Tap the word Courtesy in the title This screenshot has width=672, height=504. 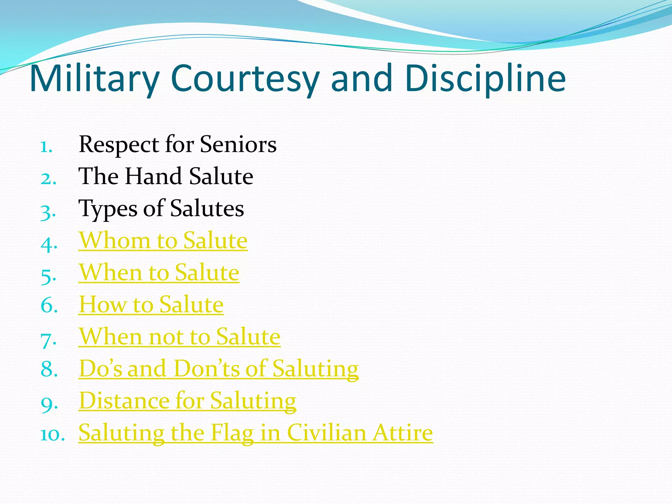click(245, 79)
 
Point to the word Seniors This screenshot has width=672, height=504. click(238, 144)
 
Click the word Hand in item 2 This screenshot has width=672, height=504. click(154, 176)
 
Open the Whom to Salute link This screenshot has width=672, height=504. click(163, 241)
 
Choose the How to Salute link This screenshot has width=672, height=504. click(151, 304)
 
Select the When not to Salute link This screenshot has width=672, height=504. click(179, 337)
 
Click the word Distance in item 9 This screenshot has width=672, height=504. click(124, 401)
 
